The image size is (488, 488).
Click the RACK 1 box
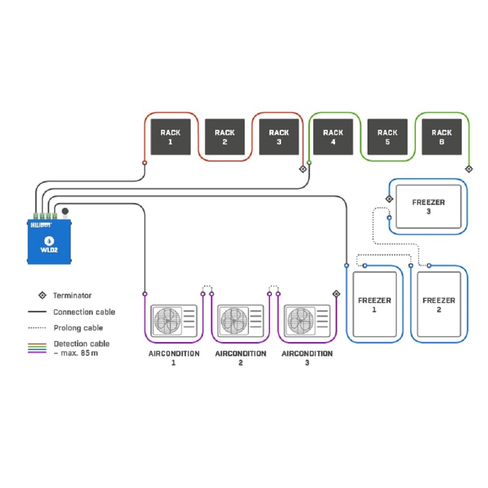[170, 137]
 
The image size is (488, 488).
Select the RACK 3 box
[279, 137]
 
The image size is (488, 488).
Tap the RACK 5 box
[387, 137]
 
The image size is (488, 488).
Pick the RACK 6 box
[442, 137]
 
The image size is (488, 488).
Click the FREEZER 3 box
[428, 207]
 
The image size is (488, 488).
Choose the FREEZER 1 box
[374, 305]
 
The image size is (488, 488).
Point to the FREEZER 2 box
[439, 305]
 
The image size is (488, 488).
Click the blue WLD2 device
[49, 241]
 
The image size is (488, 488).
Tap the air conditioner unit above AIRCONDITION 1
[174, 320]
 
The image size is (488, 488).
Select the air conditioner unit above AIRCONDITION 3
[307, 320]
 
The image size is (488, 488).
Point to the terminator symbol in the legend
[43, 295]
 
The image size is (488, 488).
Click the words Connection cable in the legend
[84, 312]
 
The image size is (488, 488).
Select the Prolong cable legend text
[78, 328]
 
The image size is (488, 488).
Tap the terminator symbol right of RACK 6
[468, 169]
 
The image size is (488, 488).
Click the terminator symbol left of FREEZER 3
[389, 199]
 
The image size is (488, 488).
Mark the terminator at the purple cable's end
[336, 293]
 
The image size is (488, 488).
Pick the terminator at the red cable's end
[303, 169]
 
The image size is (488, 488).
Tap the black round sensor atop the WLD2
[65, 211]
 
